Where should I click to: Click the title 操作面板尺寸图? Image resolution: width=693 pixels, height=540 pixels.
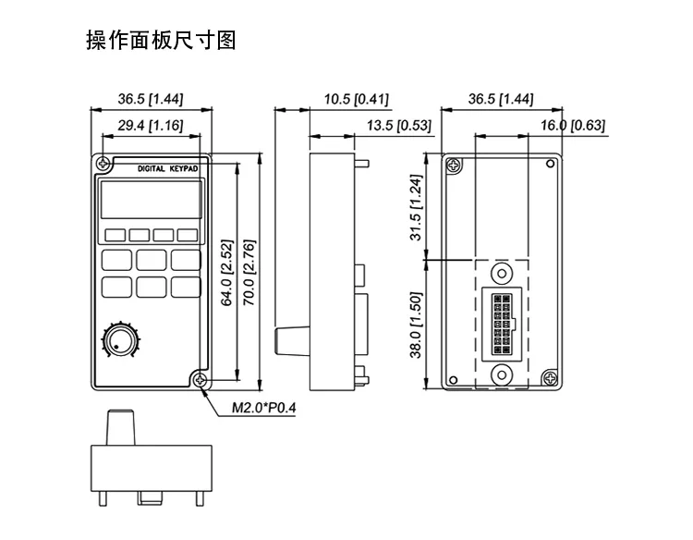161,41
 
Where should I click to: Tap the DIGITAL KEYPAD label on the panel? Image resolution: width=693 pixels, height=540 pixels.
167,169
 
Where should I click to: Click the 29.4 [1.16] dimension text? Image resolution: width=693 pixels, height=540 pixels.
151,126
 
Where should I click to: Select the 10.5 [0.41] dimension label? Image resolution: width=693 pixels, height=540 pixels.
357,99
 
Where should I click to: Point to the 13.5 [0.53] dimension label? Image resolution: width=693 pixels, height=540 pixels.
398,126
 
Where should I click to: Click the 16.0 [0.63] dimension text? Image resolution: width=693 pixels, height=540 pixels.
573,126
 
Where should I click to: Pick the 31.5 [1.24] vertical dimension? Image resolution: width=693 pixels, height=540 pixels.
417,207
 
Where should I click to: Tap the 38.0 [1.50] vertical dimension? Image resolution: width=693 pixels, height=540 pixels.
417,325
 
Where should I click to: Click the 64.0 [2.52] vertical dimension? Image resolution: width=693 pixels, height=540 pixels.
226,273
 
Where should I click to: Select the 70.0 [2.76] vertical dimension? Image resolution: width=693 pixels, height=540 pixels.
249,273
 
